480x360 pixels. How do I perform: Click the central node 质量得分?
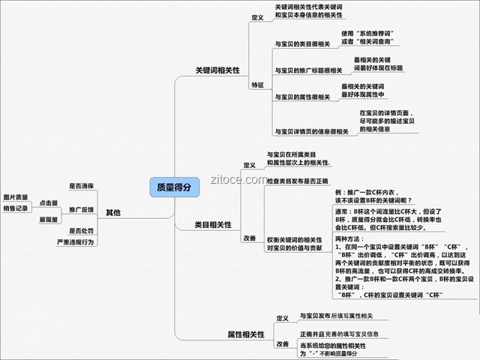174,187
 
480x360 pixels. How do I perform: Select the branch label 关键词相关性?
217,70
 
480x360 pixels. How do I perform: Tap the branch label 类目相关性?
213,224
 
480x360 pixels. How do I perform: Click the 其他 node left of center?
113,212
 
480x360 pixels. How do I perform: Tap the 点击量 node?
49,202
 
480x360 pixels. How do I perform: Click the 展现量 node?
49,220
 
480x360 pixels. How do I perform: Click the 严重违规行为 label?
75,243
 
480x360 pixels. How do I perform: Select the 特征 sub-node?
257,85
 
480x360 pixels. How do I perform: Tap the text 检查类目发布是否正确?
298,181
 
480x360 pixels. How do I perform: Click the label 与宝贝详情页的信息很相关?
311,131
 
